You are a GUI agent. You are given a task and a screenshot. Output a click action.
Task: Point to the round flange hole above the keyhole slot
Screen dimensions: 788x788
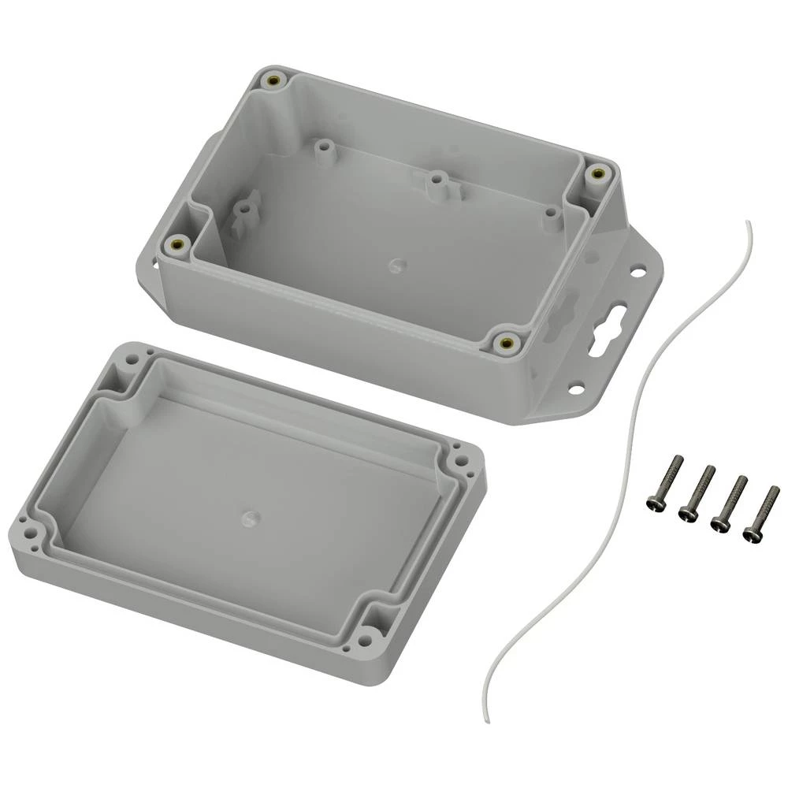(x=637, y=272)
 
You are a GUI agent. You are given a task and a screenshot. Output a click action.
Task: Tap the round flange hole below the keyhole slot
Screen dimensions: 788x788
(x=577, y=388)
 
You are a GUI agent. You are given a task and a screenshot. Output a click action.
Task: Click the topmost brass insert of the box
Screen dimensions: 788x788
(x=275, y=81)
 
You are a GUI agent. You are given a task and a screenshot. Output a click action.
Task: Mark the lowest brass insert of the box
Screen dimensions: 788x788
(x=504, y=342)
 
